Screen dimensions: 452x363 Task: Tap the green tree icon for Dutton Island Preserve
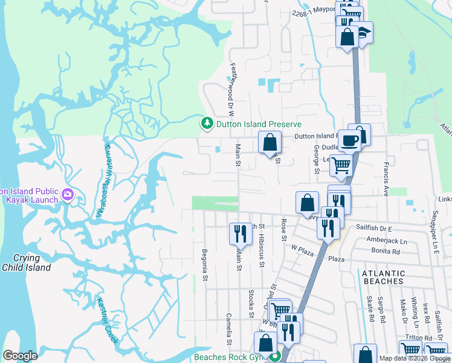click(207, 123)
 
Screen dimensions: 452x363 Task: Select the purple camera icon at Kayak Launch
click(67, 195)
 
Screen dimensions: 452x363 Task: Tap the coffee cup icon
click(350, 140)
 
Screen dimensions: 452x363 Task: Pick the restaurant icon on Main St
click(240, 233)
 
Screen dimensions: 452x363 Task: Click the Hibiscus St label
click(261, 252)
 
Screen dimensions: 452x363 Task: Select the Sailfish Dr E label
click(374, 229)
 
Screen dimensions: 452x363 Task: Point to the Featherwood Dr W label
click(230, 91)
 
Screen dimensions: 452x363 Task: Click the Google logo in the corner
click(20, 356)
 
